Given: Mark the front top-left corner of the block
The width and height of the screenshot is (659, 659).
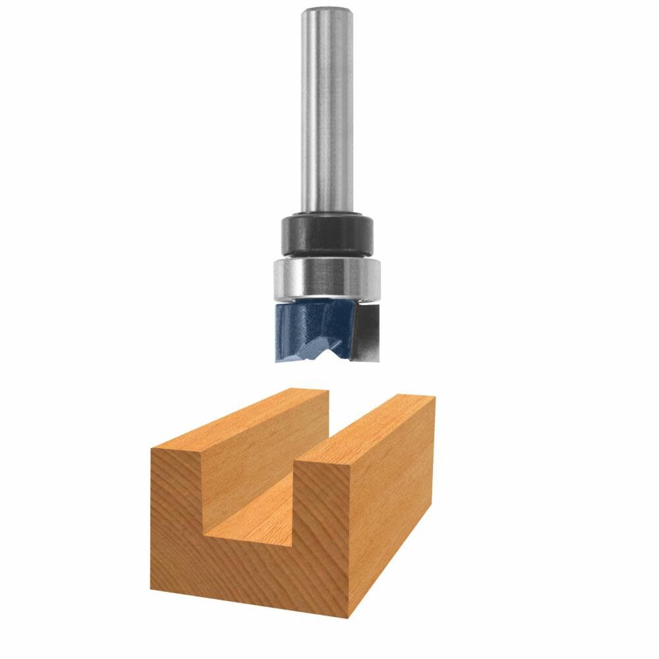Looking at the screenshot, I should [x=152, y=450].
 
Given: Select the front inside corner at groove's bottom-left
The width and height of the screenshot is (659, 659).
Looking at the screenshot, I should [x=203, y=531].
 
